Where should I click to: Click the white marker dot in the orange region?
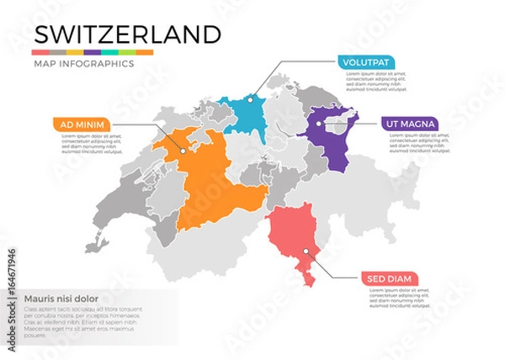(x=181, y=153)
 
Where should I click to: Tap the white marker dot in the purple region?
(x=320, y=124)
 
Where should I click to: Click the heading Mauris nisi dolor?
(x=61, y=298)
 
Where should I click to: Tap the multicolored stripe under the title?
(x=93, y=52)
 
